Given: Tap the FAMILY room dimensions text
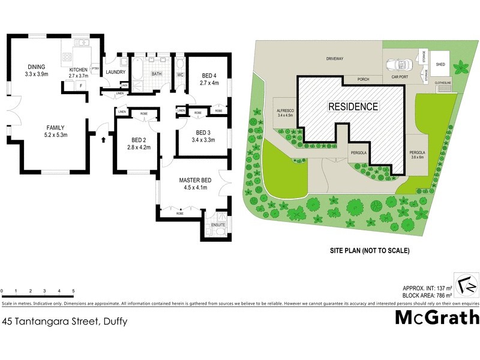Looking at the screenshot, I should (56, 135).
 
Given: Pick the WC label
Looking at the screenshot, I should (180, 74).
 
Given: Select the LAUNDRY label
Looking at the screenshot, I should (115, 73).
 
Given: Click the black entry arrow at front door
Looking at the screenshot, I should (103, 139).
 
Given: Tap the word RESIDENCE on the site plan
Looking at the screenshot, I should (353, 107).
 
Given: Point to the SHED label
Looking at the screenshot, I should (440, 64).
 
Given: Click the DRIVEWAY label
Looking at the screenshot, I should (334, 59).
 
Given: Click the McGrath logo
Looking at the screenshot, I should (436, 317).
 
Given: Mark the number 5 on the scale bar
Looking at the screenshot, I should (73, 290).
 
